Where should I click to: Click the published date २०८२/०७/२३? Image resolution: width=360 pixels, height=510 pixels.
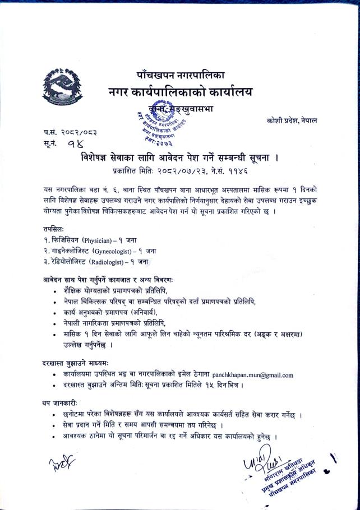pos(184,170)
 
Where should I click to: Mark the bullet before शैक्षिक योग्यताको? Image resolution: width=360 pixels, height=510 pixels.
pos(54,291)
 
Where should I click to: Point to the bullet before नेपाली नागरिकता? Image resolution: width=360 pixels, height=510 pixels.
pos(54,323)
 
